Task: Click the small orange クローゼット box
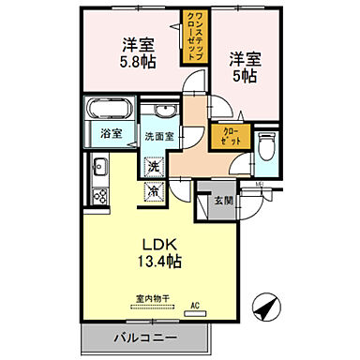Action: pyautogui.click(x=230, y=136)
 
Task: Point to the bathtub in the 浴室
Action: pyautogui.click(x=111, y=108)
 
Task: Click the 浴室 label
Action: pyautogui.click(x=111, y=133)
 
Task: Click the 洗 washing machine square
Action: pyautogui.click(x=153, y=166)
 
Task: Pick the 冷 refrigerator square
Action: pyautogui.click(x=153, y=190)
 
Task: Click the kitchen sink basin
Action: pyautogui.click(x=98, y=170)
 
